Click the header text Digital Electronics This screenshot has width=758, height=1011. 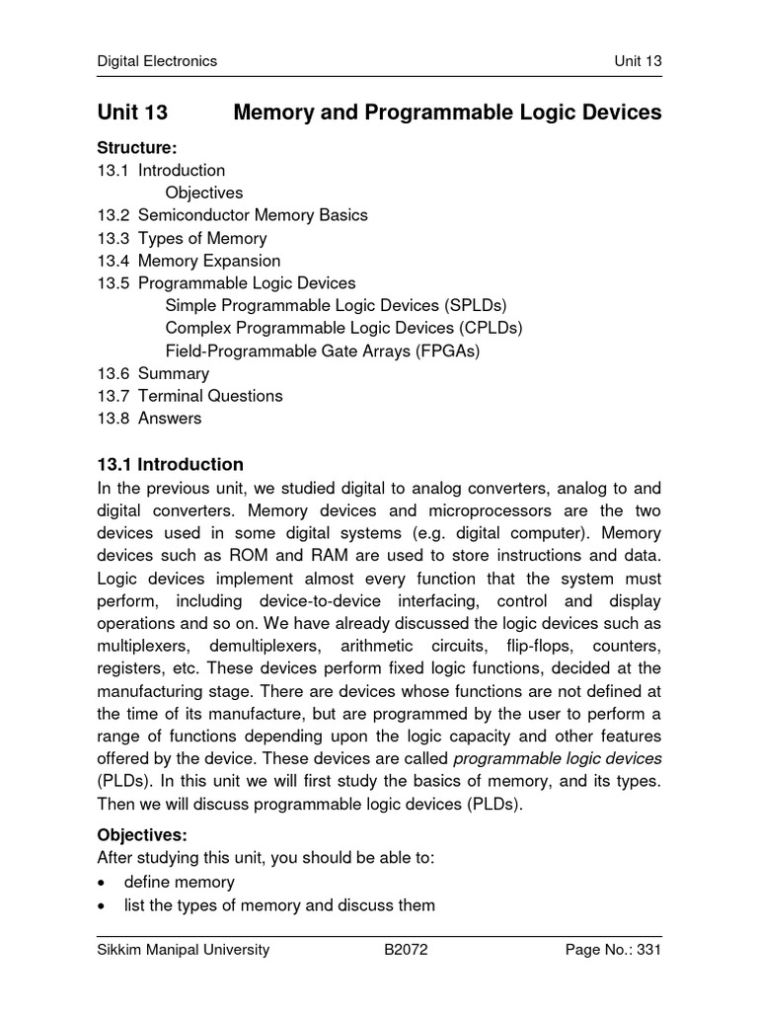pos(157,61)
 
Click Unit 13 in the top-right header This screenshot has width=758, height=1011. pos(638,61)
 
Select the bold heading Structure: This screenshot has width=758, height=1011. pos(136,148)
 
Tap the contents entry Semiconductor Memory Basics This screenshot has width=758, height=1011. pos(253,215)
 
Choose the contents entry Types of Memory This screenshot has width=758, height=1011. pos(202,238)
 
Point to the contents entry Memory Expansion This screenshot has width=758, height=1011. pos(209,261)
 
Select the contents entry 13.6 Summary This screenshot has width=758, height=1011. pos(153,373)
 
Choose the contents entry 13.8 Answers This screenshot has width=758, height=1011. pos(149,419)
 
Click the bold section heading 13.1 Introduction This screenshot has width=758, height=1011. pos(170,464)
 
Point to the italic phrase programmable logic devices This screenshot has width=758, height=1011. pos(557,758)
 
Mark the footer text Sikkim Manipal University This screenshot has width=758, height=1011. pos(183,951)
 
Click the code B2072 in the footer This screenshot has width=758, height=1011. pos(406,951)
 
